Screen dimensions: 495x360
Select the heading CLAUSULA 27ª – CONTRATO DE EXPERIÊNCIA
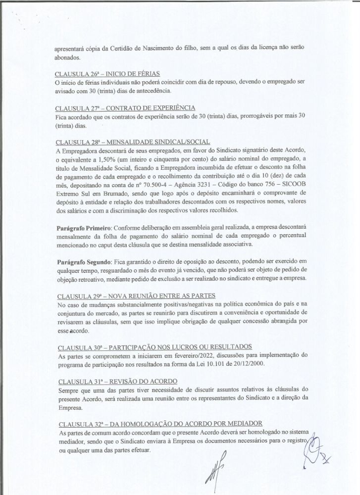pyautogui.click(x=125, y=108)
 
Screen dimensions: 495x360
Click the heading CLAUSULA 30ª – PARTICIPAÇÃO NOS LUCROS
pyautogui.click(x=155, y=346)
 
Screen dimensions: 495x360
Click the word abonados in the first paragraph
pyautogui.click(x=68, y=57)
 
